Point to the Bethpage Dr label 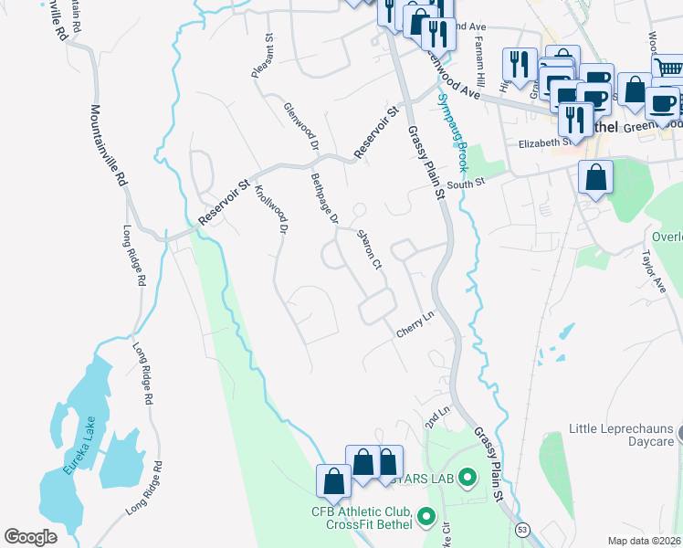[x=324, y=198]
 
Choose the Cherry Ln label [x=414, y=325]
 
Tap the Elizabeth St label [x=544, y=142]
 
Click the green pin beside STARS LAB [x=468, y=477]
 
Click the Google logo [x=30, y=536]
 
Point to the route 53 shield [x=522, y=529]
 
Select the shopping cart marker [x=668, y=68]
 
